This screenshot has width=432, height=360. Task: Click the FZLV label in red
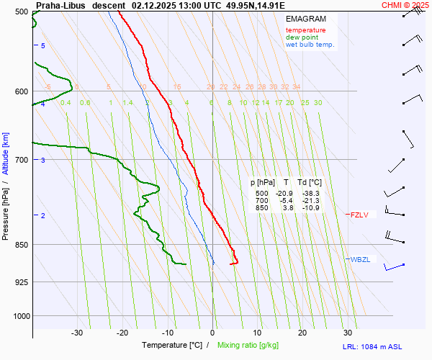coord(359,215)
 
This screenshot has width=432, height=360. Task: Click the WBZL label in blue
coord(360,259)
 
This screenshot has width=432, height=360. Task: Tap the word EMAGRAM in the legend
coord(306,19)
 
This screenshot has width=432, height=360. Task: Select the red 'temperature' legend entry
coord(305,30)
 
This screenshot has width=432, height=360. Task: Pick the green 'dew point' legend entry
coord(302,37)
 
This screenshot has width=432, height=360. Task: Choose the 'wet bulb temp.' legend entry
coord(310,45)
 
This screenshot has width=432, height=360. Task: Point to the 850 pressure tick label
coord(20,245)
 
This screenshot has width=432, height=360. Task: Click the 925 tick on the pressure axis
coord(20,282)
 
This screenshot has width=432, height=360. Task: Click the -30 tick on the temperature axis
coord(77,333)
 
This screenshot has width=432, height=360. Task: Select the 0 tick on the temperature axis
coord(212,333)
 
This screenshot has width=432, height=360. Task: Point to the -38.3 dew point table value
coord(310,194)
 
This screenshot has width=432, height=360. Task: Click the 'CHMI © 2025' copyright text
coord(405,5)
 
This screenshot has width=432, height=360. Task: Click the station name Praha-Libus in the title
coord(60,5)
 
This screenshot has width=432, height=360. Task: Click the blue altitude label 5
coord(43,45)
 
